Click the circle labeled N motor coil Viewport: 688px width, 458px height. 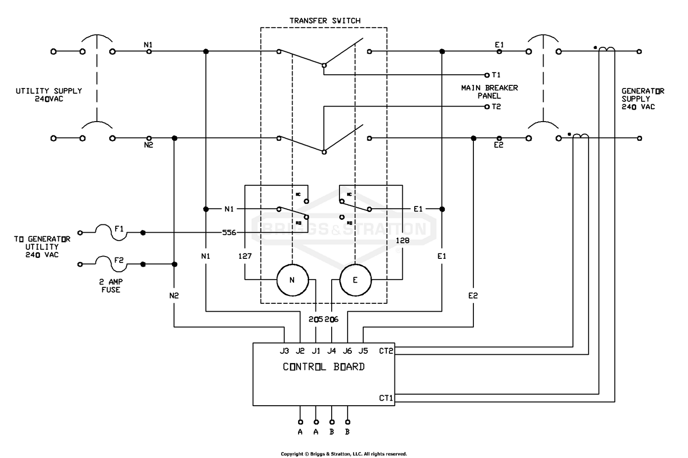tap(292, 280)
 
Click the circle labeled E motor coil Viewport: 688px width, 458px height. tap(355, 280)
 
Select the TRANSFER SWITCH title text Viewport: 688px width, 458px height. tap(325, 21)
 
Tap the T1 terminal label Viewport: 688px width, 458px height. tap(496, 75)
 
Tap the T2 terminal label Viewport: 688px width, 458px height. tap(496, 106)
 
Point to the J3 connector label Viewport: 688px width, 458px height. tap(284, 351)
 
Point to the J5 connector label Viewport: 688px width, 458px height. tap(363, 351)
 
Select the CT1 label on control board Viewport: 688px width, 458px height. tap(386, 398)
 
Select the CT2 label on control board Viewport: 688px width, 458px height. tap(386, 351)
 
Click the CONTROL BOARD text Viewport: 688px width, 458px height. tap(324, 367)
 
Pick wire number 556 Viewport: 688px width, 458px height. tap(229, 233)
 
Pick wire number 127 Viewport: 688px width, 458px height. tap(245, 256)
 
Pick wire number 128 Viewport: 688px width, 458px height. tap(402, 240)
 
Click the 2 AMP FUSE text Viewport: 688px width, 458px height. tap(111, 286)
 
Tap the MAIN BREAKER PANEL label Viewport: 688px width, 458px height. tap(489, 92)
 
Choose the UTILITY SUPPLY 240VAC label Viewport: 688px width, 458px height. tap(49, 95)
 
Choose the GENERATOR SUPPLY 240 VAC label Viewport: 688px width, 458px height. tap(642, 99)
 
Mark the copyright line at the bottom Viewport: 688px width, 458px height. tap(344, 454)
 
